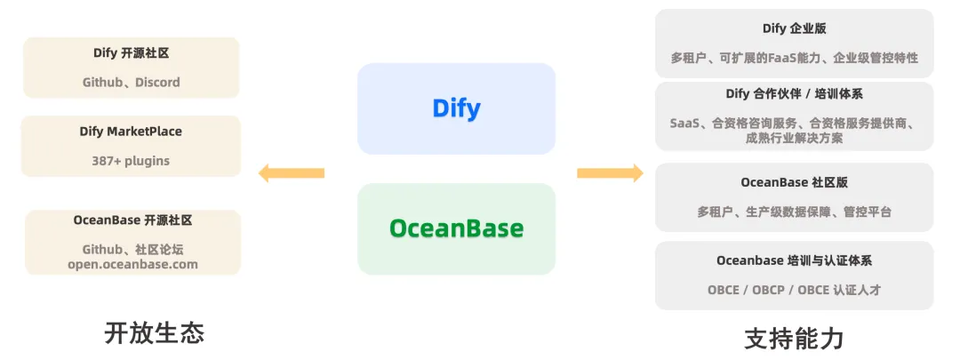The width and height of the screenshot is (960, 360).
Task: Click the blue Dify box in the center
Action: point(456,108)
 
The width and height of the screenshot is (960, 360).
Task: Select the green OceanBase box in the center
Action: point(456,228)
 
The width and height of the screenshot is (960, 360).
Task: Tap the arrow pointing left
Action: point(292,173)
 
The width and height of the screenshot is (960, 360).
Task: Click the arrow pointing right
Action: point(610,173)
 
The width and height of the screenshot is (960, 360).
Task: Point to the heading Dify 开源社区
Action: point(131,53)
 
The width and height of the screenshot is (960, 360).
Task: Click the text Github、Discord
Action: point(131,82)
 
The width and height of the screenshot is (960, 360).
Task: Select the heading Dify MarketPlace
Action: point(131,132)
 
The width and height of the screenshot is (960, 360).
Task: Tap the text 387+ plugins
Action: point(131,161)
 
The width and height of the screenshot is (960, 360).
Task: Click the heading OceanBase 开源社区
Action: point(132,220)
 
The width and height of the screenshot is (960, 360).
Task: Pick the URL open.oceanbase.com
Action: point(132,265)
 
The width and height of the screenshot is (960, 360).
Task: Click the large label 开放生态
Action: point(155,333)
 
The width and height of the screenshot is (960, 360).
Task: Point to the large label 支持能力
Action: point(794,338)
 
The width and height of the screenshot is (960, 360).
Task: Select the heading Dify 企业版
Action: point(794,28)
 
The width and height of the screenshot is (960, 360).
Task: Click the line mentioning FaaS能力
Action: point(794,58)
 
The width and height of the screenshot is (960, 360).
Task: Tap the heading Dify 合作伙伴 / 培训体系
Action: point(794,94)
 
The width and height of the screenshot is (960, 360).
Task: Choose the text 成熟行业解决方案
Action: point(794,138)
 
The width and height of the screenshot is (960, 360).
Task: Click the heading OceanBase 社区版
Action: point(794,182)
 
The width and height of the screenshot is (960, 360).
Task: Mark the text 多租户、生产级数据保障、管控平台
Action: point(794,212)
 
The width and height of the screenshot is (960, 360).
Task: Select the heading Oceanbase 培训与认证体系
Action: point(794,260)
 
